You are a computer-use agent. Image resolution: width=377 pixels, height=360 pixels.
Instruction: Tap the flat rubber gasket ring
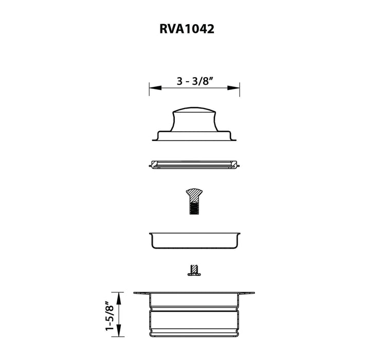click(194, 165)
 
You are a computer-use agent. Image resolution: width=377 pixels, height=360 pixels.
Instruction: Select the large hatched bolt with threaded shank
click(194, 202)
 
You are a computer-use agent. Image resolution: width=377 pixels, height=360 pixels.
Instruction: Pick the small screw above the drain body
click(194, 270)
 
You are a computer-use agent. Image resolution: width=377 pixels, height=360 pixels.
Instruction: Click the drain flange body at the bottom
click(194, 314)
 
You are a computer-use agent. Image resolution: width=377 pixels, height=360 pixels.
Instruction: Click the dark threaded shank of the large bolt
click(194, 208)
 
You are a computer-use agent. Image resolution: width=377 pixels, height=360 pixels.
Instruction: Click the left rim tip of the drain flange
click(135, 293)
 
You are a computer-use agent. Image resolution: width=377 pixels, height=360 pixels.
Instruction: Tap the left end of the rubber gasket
click(150, 165)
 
